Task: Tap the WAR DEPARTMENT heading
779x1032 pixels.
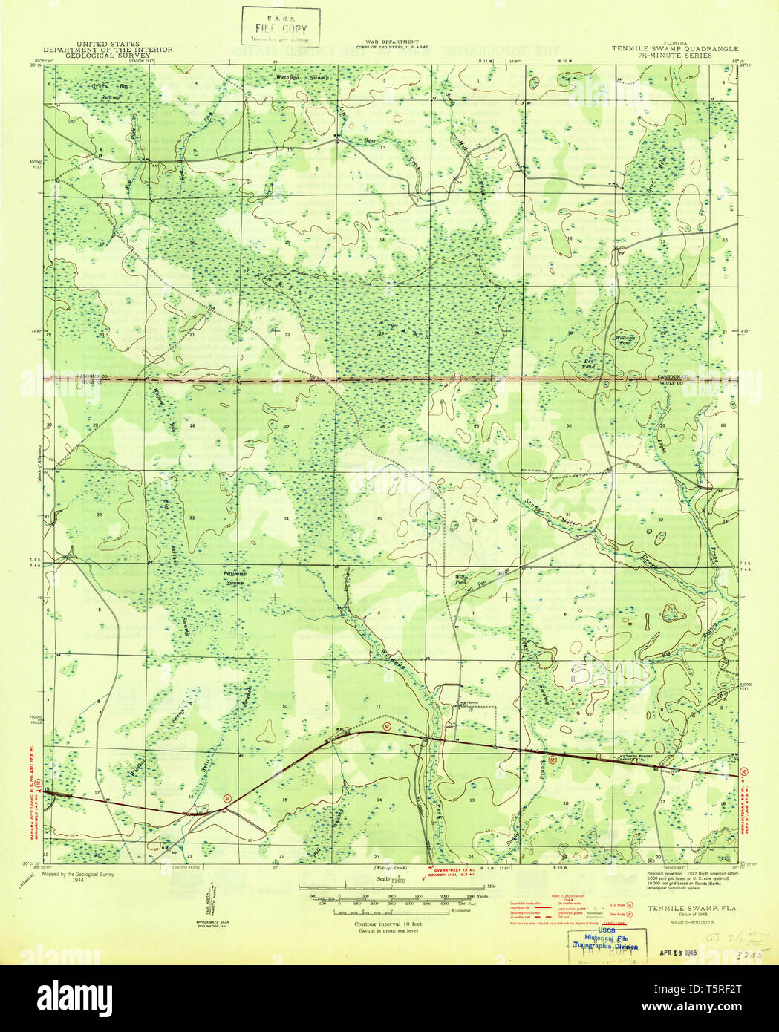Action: click(391, 42)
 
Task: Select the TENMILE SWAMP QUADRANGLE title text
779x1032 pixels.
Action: click(662, 50)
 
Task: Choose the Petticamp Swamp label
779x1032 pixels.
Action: click(235, 578)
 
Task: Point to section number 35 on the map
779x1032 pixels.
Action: click(379, 518)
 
